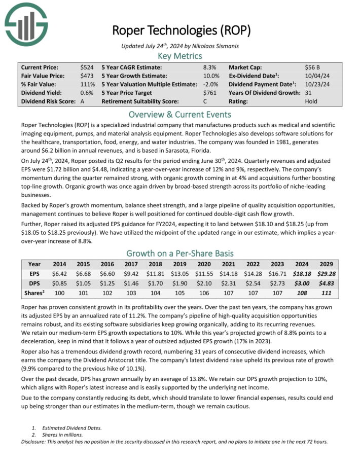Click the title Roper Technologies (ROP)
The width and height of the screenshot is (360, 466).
point(181,30)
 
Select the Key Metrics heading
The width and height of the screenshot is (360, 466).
point(180,56)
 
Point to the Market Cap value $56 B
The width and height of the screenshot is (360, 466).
point(312,67)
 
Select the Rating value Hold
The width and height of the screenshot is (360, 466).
point(311,101)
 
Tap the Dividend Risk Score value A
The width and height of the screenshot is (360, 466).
point(82,101)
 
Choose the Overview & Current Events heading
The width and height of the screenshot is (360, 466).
point(180,114)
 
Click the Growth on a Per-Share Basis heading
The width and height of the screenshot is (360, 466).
point(180,253)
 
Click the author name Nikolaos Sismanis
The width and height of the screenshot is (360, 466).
point(212,46)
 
